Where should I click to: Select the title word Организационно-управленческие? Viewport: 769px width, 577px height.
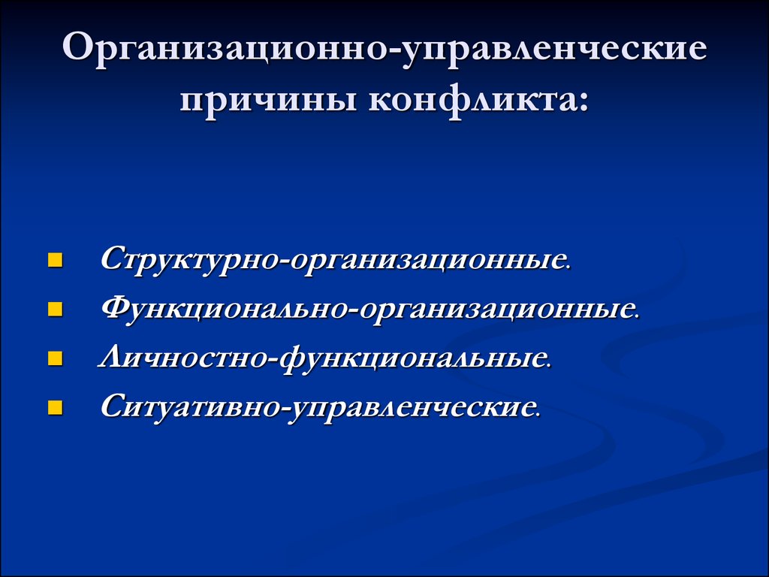point(385,49)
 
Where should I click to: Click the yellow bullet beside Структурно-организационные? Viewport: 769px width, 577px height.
point(56,259)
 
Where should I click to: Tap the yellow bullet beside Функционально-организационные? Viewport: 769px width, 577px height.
point(56,309)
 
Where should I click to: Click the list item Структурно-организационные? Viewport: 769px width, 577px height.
point(336,259)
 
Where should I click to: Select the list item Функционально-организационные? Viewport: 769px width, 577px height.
point(371,309)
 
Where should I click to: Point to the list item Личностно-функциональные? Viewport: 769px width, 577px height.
point(325,358)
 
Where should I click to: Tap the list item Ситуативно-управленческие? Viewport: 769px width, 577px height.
point(321,408)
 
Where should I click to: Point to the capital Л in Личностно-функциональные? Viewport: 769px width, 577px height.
point(113,356)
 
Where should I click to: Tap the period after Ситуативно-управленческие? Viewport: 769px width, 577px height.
point(538,415)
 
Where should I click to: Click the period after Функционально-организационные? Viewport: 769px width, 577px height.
point(638,316)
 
